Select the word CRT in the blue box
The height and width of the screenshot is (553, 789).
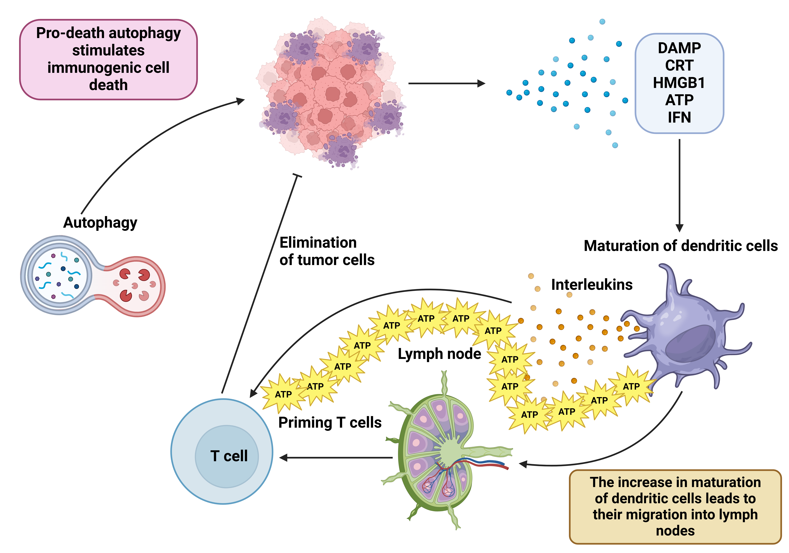[x=679, y=65]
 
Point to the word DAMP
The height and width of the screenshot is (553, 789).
[x=679, y=48]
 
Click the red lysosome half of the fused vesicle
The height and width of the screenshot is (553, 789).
[x=137, y=286]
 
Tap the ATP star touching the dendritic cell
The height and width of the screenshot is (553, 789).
[x=631, y=386]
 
